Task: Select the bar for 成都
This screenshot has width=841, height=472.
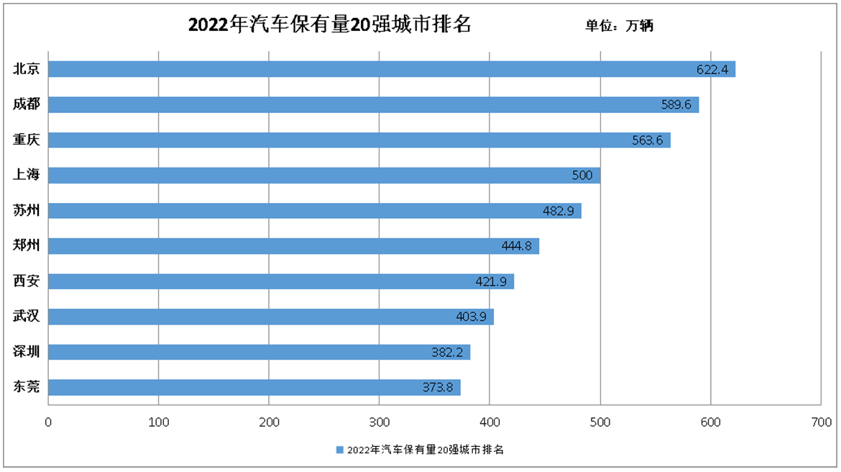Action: click(x=374, y=104)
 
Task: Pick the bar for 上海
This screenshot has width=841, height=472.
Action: click(x=324, y=175)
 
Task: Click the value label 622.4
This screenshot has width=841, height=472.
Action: click(x=712, y=70)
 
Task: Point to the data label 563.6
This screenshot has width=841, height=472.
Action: click(x=647, y=140)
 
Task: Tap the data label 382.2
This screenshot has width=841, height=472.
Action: click(x=447, y=353)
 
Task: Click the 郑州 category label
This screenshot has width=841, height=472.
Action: click(x=27, y=245)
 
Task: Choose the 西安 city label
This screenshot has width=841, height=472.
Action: click(x=27, y=281)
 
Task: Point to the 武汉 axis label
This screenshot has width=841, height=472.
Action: click(x=27, y=316)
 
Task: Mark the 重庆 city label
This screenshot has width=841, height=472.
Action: click(x=27, y=140)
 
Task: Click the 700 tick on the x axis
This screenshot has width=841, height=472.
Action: click(x=821, y=422)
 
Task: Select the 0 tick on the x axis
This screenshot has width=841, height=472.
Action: click(x=48, y=422)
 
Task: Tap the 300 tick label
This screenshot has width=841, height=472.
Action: click(x=380, y=422)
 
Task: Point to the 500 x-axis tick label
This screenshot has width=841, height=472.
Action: click(x=600, y=422)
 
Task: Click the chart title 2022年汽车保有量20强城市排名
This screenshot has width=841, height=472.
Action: click(x=329, y=25)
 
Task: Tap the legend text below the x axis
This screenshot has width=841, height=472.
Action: click(x=425, y=450)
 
